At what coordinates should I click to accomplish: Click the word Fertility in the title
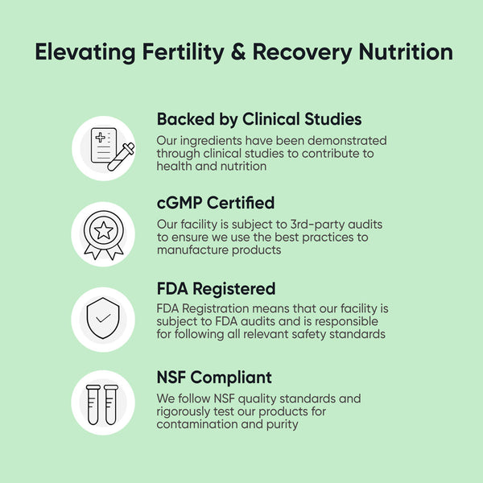[x=182, y=52]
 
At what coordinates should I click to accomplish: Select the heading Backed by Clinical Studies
[x=258, y=119]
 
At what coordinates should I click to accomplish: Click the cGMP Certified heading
[x=215, y=202]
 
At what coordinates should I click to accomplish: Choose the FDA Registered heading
[x=216, y=288]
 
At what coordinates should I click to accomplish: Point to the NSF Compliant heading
[x=214, y=377]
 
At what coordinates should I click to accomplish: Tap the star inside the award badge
[x=103, y=230]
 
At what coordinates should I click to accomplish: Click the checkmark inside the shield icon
[x=103, y=318]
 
